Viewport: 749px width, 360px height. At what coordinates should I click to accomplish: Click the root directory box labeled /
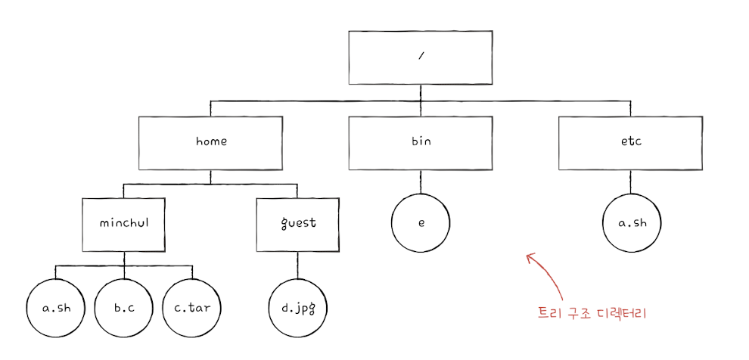(421, 58)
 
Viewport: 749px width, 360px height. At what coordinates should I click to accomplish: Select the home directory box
(211, 141)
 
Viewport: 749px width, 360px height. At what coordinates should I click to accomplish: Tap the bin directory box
(421, 141)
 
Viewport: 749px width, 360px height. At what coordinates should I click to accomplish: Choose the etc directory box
(630, 141)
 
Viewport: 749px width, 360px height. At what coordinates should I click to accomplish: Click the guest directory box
(297, 224)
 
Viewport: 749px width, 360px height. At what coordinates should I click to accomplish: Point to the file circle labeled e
(421, 225)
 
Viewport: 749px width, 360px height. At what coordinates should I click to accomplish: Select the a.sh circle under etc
(631, 225)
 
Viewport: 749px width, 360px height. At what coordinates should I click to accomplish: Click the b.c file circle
(123, 309)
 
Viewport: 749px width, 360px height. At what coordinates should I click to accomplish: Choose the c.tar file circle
(192, 309)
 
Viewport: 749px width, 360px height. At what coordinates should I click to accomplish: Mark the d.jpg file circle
(298, 309)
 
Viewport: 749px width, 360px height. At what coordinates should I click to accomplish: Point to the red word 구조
(579, 313)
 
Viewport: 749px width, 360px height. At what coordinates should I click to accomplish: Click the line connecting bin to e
(421, 182)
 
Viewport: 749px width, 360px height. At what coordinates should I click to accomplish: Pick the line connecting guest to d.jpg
(297, 265)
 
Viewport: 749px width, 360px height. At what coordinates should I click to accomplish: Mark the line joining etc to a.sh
(630, 182)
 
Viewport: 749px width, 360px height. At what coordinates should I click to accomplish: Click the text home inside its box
(211, 141)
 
